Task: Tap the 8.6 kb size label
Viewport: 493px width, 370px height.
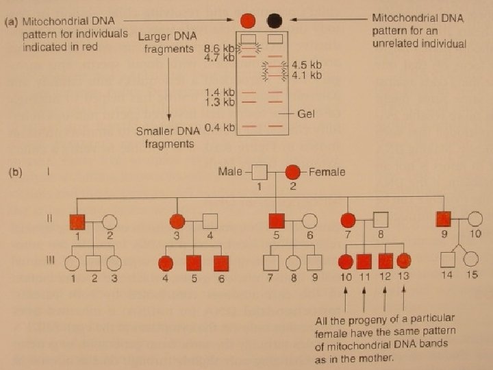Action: (x=219, y=49)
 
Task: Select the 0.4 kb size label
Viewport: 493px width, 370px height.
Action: (x=219, y=127)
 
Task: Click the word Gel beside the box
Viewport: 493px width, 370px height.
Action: (x=306, y=114)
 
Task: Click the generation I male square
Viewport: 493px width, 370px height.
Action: (x=259, y=173)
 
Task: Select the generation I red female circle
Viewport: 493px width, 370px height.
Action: (x=292, y=173)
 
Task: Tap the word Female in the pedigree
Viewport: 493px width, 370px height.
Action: (x=327, y=172)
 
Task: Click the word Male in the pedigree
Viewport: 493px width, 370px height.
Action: (x=229, y=171)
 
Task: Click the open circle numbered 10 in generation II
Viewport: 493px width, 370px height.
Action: (x=475, y=220)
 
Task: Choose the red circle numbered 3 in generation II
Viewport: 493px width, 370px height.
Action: (x=178, y=221)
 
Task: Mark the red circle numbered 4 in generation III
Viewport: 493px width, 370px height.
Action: (x=165, y=262)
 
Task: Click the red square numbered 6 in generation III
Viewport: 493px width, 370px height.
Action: (x=220, y=262)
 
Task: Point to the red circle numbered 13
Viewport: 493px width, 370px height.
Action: (x=404, y=261)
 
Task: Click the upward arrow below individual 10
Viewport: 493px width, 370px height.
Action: (x=345, y=297)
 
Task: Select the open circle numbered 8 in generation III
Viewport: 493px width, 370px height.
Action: (x=293, y=262)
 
